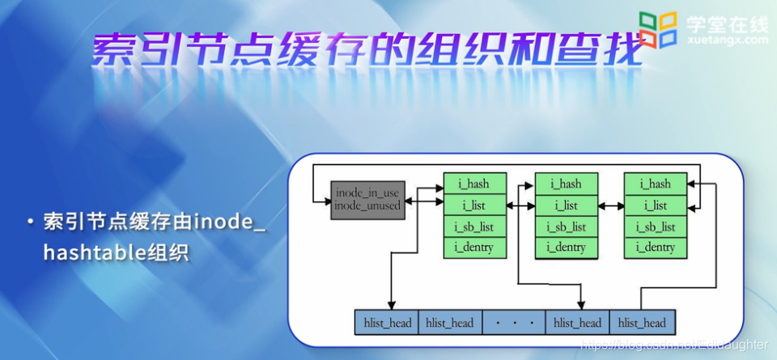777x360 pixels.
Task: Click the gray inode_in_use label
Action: [367, 193]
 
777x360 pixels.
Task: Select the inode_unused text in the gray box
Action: [367, 205]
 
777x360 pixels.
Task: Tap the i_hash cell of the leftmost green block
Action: [475, 184]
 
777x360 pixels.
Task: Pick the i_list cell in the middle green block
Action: [566, 205]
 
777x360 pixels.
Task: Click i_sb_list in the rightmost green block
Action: [656, 227]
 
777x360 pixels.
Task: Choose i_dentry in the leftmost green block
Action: [475, 248]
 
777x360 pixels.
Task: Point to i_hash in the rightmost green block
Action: [656, 184]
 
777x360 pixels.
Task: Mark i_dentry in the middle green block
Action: [566, 248]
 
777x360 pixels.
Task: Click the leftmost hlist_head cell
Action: [386, 323]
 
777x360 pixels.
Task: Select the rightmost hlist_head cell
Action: [641, 323]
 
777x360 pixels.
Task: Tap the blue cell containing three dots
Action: [514, 323]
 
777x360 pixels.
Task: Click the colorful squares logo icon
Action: [657, 29]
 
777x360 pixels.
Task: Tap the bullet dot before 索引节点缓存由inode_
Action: [30, 222]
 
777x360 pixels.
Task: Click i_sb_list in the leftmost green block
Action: [475, 227]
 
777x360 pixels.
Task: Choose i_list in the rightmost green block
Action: [656, 205]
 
